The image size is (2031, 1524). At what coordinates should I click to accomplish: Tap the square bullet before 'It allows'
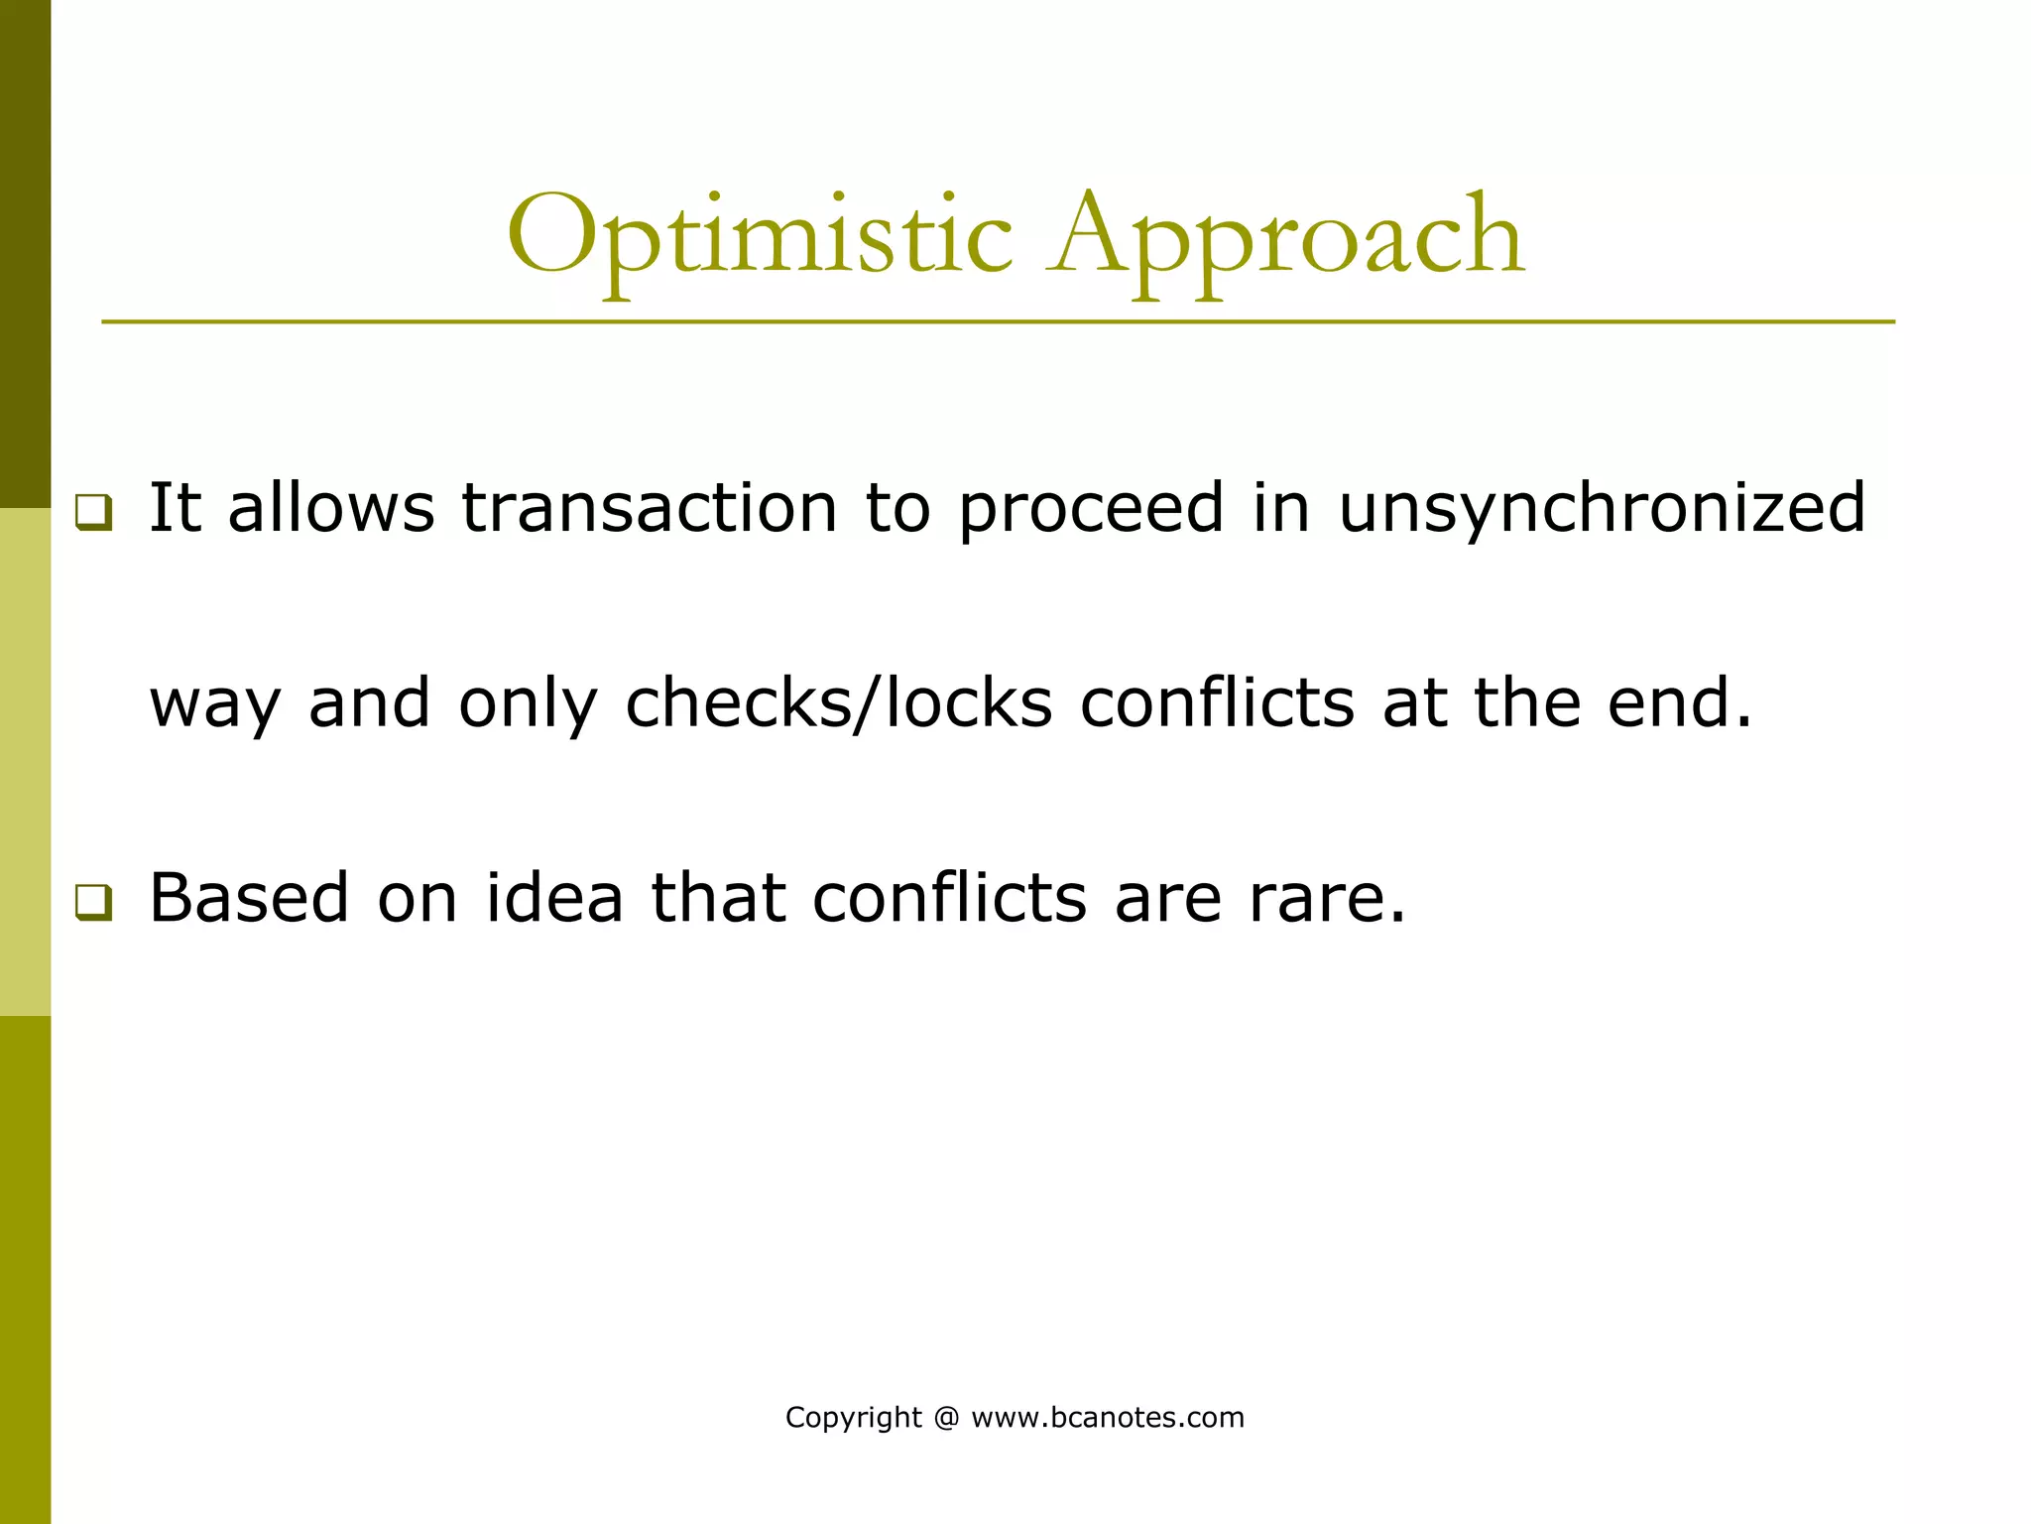[x=94, y=512]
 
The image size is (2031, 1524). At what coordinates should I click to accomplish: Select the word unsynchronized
[x=1602, y=508]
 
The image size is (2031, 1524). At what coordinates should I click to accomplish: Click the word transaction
[x=650, y=508]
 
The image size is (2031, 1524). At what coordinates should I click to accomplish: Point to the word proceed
[x=1091, y=508]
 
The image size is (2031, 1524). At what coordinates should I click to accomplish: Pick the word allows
[x=331, y=508]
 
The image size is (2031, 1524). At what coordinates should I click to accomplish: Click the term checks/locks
[x=838, y=703]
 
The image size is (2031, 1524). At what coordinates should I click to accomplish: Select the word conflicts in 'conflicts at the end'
[x=1217, y=703]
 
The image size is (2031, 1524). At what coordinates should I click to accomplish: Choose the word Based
[x=249, y=898]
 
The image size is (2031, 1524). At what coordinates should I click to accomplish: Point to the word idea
[x=554, y=898]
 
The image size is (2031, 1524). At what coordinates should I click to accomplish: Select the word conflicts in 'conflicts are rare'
[x=949, y=898]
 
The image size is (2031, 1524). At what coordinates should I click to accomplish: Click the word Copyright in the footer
[x=853, y=1418]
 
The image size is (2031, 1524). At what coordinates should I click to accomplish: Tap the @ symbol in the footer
[x=946, y=1418]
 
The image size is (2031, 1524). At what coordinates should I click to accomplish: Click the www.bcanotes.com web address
[x=1108, y=1418]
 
